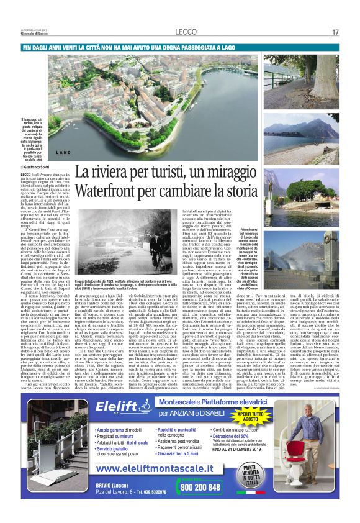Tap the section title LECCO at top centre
tap(186, 32)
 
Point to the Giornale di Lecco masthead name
tap(34, 35)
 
